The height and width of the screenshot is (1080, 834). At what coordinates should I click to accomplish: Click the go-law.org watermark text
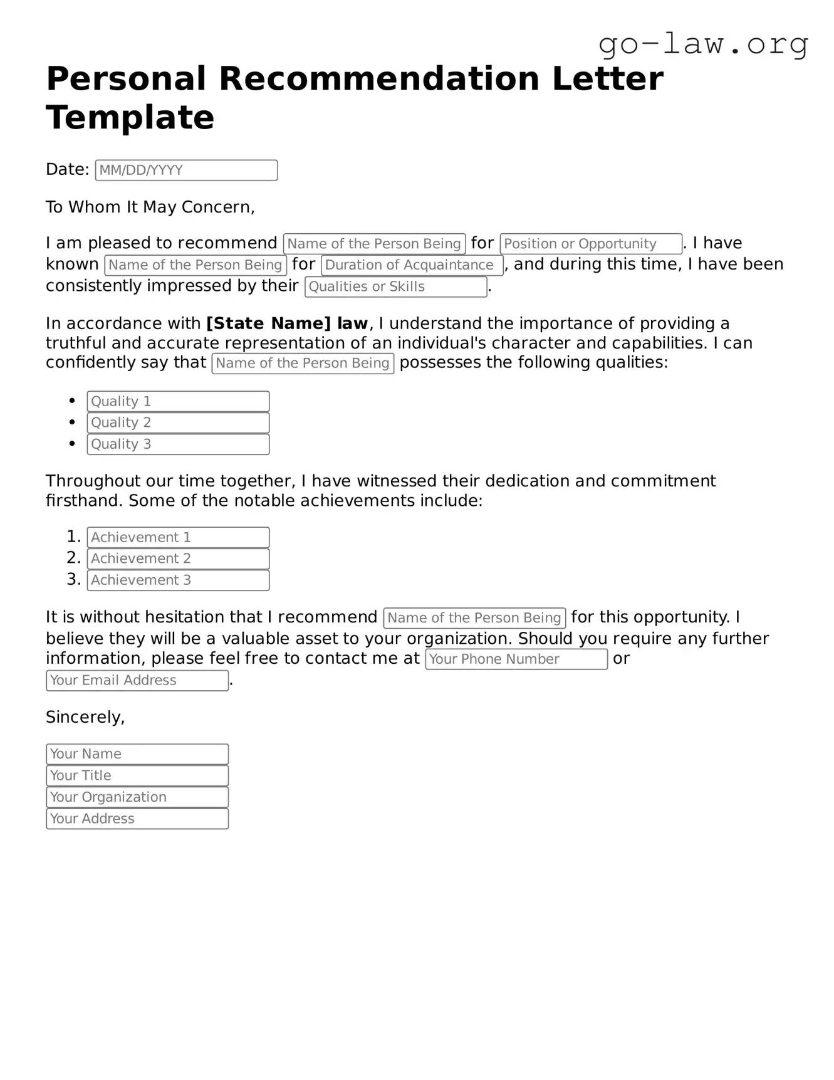(703, 44)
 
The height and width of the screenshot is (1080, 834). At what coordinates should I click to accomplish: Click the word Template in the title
(130, 117)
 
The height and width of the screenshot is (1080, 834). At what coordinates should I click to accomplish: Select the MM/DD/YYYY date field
(186, 170)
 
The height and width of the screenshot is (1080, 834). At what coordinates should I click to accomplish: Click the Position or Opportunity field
(591, 244)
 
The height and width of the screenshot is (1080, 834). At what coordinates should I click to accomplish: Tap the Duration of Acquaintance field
(412, 265)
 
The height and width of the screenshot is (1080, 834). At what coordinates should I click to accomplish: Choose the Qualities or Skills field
(395, 286)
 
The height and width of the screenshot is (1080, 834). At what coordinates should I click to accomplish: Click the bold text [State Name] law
(287, 323)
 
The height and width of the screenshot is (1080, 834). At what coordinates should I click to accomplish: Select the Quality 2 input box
(178, 422)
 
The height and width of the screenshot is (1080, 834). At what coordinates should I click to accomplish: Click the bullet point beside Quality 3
(73, 443)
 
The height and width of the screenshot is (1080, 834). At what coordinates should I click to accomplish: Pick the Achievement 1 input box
(178, 537)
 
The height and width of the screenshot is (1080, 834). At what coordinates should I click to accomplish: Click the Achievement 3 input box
(178, 580)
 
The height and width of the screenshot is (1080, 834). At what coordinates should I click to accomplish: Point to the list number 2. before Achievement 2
(74, 558)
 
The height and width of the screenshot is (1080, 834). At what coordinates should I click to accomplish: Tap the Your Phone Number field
(516, 659)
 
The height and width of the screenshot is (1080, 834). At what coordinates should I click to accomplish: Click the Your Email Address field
(137, 681)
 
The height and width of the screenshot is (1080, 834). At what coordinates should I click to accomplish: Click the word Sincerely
(85, 717)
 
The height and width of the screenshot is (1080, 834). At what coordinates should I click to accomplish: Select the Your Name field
(137, 754)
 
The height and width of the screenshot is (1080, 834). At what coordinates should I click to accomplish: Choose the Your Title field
(137, 775)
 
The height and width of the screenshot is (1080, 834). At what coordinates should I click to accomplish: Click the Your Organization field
(137, 797)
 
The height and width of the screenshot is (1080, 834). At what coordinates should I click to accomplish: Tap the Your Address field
(137, 819)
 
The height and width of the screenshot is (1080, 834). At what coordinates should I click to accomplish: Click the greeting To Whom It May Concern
(150, 207)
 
